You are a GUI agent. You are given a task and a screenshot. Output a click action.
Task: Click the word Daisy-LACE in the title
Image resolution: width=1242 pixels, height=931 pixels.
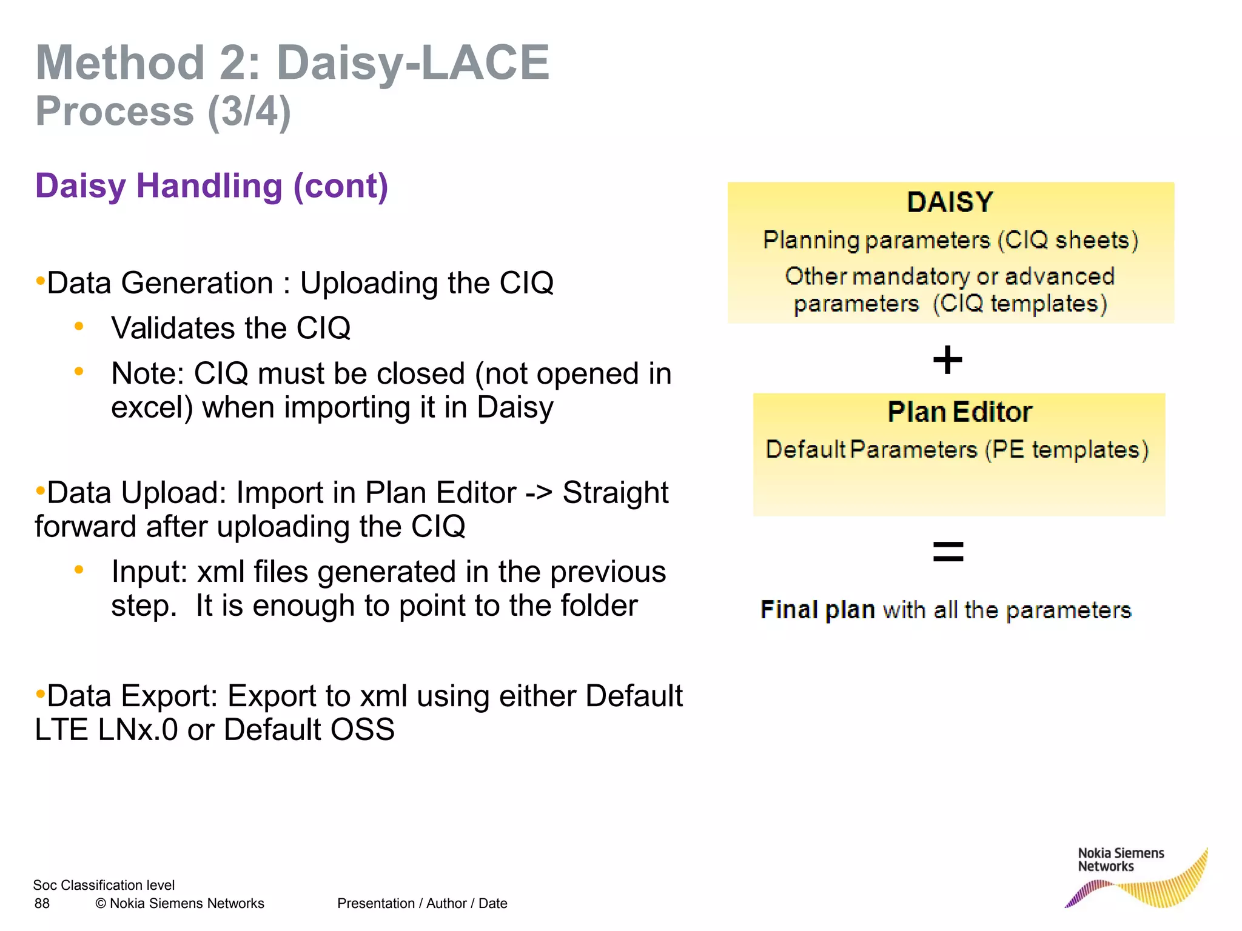413,62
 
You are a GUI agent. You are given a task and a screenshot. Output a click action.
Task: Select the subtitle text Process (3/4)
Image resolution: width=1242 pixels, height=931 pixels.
163,112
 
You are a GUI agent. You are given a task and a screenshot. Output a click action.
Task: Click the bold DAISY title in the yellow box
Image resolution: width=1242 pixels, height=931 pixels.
950,202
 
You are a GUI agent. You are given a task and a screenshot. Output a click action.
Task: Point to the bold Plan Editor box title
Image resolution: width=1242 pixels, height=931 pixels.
959,412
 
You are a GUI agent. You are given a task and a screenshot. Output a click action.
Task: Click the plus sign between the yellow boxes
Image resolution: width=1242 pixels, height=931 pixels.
947,360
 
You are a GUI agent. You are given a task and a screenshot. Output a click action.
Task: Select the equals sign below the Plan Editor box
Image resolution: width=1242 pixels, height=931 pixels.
948,552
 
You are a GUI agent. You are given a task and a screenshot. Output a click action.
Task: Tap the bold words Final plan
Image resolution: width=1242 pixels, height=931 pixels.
817,610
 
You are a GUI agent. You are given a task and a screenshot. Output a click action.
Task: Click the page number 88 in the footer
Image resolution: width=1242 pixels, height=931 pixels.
42,904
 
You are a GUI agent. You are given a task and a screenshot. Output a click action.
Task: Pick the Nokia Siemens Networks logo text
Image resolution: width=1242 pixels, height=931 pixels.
1120,859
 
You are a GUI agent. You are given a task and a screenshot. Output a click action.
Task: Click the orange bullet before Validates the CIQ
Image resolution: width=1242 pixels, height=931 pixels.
79,327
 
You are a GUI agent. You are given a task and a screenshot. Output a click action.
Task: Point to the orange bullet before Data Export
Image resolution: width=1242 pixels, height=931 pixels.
40,693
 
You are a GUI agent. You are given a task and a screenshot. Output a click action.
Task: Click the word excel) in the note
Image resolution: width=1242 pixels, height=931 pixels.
152,407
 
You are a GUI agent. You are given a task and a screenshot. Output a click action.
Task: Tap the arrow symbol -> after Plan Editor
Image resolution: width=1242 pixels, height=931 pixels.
539,493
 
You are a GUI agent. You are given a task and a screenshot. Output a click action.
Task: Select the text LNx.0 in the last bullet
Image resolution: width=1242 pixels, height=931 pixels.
138,730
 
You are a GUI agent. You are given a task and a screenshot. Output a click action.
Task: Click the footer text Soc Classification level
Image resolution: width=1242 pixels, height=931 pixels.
104,886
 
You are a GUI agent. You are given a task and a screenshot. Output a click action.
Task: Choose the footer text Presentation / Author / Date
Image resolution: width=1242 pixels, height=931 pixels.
422,904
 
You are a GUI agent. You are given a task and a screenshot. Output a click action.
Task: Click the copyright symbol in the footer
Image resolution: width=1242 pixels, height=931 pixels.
101,904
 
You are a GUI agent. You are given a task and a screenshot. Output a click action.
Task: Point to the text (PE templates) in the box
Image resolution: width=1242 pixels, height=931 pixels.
1067,450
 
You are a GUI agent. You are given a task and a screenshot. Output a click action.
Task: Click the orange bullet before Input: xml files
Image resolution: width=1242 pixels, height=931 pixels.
79,570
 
